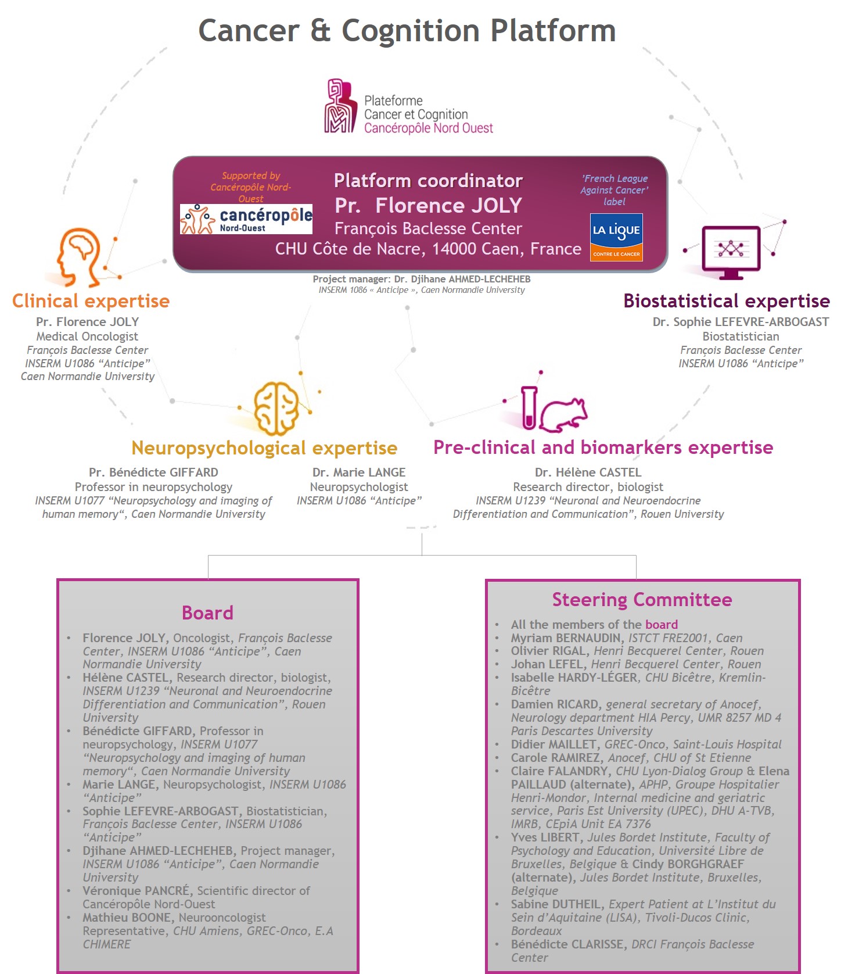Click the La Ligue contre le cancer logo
tap(616, 237)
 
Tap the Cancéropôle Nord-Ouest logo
tap(246, 219)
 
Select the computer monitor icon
tap(731, 252)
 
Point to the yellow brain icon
tap(276, 408)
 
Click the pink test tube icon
tap(529, 408)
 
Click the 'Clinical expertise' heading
tap(91, 301)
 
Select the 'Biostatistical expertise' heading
tap(727, 301)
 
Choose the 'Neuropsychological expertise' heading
tap(264, 448)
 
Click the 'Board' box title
tap(207, 613)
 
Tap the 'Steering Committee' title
tap(642, 599)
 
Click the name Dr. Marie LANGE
tap(359, 472)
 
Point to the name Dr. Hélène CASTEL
tap(588, 472)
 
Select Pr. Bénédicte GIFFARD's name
tap(153, 472)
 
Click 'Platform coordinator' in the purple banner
tap(428, 181)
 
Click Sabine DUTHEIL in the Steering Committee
tap(557, 904)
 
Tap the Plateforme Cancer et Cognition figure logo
tap(340, 106)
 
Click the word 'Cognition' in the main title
tap(411, 31)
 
